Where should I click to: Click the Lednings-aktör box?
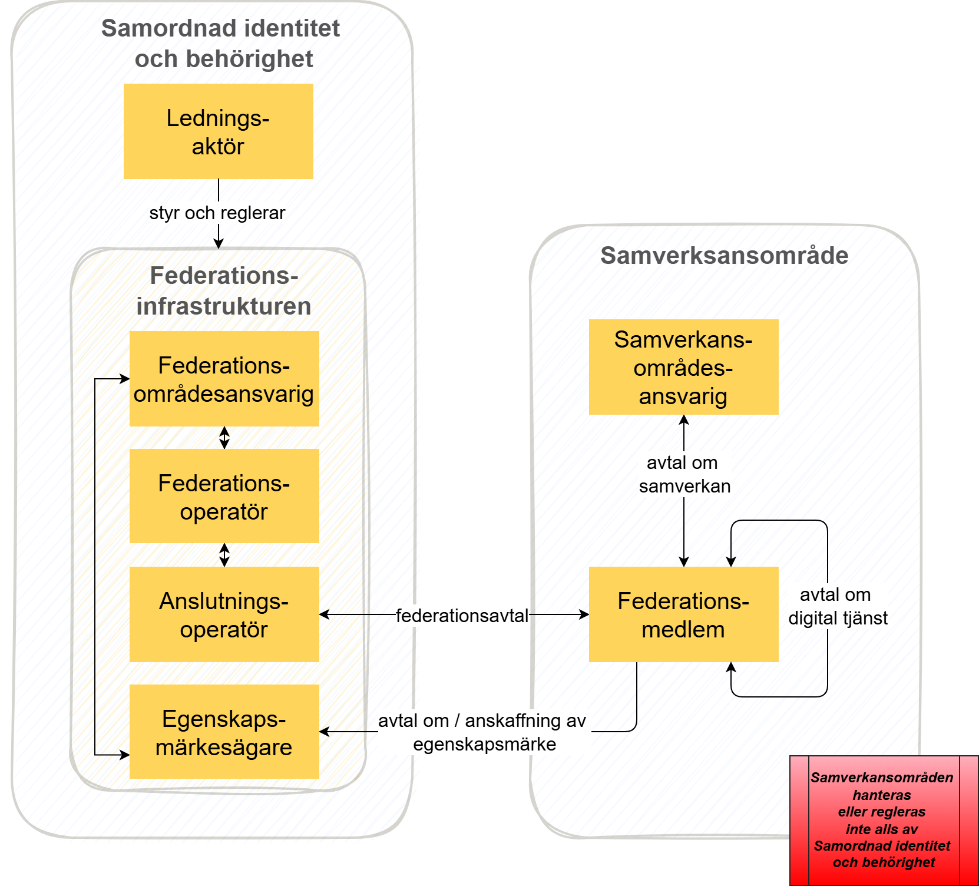pos(218,131)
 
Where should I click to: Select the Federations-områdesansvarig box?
pos(224,379)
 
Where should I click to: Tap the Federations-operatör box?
pos(224,496)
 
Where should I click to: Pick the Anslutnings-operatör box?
pos(224,614)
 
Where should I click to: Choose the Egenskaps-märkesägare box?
pos(224,732)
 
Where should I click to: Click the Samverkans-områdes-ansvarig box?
pos(683,367)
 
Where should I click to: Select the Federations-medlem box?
pos(683,614)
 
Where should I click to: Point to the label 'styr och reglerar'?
pos(217,213)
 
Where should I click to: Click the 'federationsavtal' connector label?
pos(462,616)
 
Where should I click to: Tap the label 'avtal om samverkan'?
pos(684,474)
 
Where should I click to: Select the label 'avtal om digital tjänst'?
pos(837,606)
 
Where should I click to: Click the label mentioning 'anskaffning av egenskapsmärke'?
pos(483,732)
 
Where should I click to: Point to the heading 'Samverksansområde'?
pos(724,256)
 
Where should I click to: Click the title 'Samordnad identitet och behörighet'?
pos(221,44)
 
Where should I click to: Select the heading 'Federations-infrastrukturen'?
pos(224,291)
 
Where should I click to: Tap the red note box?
pos(883,820)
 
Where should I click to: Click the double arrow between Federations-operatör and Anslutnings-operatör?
pos(224,555)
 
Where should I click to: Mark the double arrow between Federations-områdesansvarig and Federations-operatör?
pos(224,438)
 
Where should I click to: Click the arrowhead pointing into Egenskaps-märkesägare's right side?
pos(324,732)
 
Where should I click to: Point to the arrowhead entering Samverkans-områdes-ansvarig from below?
pos(684,419)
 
